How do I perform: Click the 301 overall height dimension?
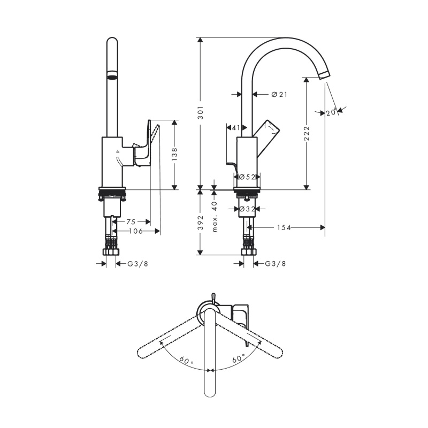coord(201,113)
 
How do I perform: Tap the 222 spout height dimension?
coord(307,133)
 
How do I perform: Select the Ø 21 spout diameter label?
coord(279,95)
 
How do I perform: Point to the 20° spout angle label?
coord(332,112)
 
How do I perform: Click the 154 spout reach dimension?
coord(284,227)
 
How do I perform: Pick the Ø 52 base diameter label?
coord(247,177)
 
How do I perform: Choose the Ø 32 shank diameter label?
coord(247,209)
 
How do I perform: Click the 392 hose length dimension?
coord(201,223)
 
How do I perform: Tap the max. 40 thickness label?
coord(215,217)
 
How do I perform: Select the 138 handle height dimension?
coord(174,154)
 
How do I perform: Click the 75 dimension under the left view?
coord(131,221)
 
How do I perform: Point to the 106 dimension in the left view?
coord(136,231)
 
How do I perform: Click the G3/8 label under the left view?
coord(138,264)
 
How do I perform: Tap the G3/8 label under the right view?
coord(276,264)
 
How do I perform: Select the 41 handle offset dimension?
coord(236,127)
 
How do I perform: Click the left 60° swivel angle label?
coord(186,361)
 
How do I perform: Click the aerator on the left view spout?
coord(112,75)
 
